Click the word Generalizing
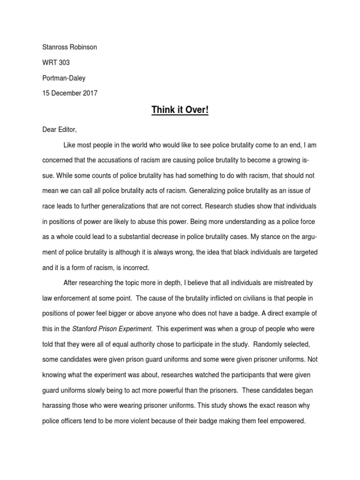(192, 191)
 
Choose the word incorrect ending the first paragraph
(135, 268)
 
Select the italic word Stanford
(85, 329)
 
